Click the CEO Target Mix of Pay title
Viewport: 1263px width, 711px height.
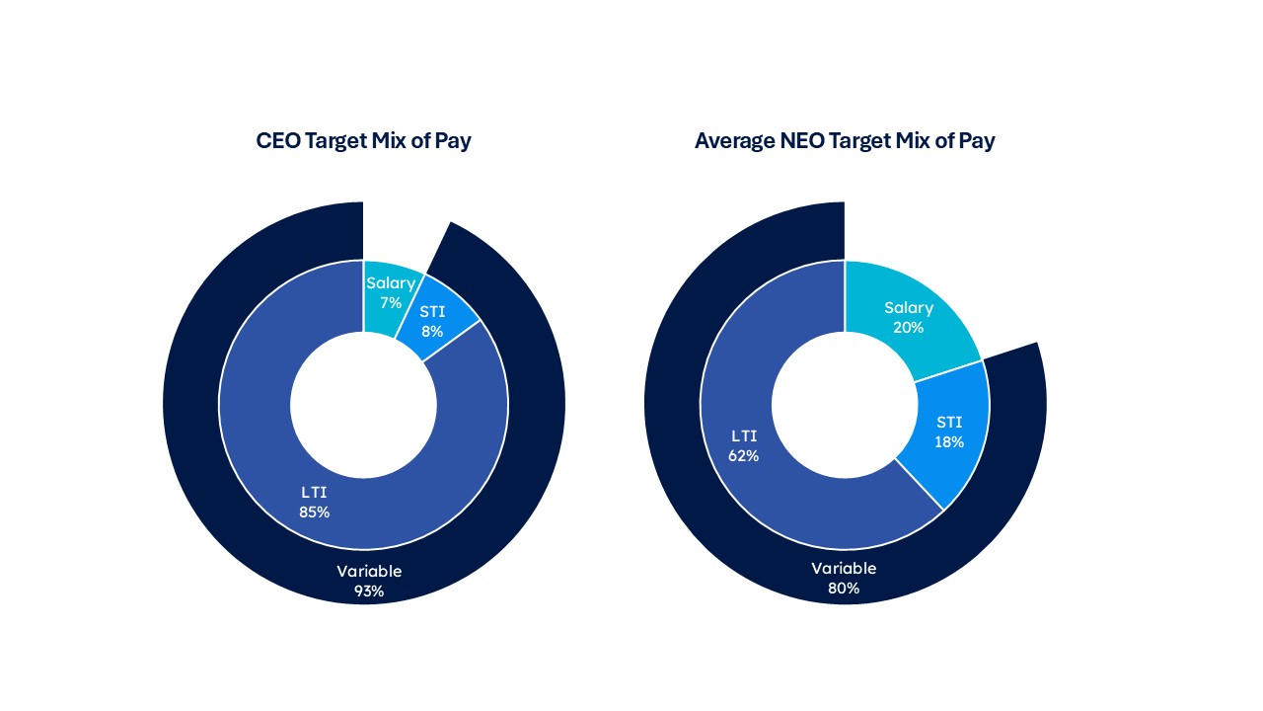tap(363, 140)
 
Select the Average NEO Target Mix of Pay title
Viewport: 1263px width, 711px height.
tap(845, 140)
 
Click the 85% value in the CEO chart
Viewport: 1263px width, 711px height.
tap(314, 513)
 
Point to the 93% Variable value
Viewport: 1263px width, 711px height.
tap(369, 592)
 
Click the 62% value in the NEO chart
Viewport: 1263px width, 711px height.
tap(744, 455)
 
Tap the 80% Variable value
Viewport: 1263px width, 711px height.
tap(844, 589)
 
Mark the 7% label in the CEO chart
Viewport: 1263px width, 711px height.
tap(391, 303)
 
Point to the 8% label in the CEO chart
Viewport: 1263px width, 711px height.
tap(431, 332)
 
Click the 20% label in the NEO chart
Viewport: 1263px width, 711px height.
tap(908, 327)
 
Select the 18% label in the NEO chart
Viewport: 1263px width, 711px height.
tap(949, 441)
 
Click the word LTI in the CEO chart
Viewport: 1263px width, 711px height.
tap(314, 493)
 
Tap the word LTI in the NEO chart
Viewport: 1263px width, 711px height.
tap(744, 435)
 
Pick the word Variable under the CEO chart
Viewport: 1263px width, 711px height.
tap(369, 571)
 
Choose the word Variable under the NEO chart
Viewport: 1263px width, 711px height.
tap(844, 568)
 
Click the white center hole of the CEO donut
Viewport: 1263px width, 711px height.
tap(363, 405)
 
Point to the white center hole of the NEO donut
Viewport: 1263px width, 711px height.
tap(844, 405)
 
